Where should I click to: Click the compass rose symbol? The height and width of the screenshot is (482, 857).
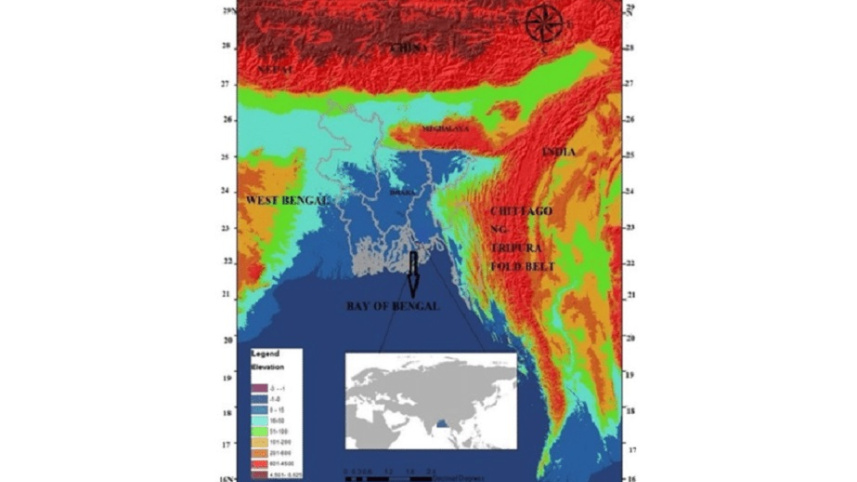pos(543,23)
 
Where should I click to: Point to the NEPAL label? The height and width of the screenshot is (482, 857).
pos(274,69)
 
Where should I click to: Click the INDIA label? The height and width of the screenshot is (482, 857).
pos(558,151)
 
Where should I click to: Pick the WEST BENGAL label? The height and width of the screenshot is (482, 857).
pos(286,201)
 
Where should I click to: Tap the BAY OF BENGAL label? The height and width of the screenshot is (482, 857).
pos(392,306)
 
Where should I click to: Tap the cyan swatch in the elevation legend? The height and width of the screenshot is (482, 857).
pos(258,410)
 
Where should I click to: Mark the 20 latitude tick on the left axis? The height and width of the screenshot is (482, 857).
pos(228,340)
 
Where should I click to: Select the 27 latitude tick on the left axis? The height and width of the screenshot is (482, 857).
pos(228,83)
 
